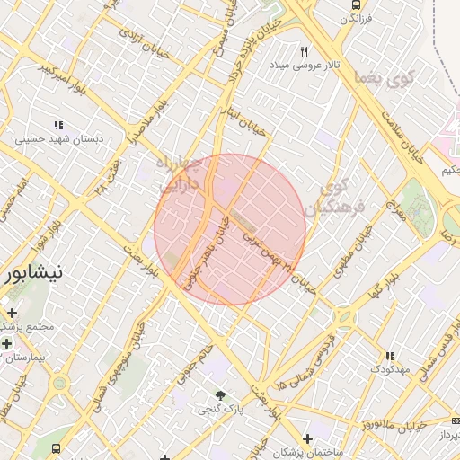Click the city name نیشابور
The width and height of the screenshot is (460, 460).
pos(31,272)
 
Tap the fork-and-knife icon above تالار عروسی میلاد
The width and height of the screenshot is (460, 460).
pos(305,51)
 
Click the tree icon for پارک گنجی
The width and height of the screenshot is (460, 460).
pos(219,395)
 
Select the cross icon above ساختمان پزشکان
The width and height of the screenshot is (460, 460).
pos(308,439)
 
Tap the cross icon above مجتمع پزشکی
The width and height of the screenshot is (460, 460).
pos(12,313)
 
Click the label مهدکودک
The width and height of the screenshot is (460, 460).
pos(389,369)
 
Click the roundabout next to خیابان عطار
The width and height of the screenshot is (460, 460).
pos(60,384)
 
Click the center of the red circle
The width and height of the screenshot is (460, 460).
pos(230,229)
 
